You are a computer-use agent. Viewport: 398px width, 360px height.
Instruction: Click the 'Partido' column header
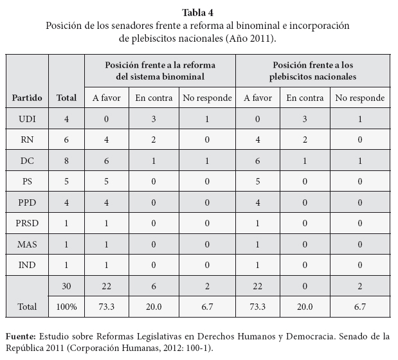click(x=27, y=98)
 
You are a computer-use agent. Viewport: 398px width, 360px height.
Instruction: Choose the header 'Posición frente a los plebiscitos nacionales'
click(x=313, y=70)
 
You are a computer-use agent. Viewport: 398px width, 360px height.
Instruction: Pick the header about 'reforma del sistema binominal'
click(x=160, y=70)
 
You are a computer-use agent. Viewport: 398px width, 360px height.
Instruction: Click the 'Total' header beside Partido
click(x=66, y=98)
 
